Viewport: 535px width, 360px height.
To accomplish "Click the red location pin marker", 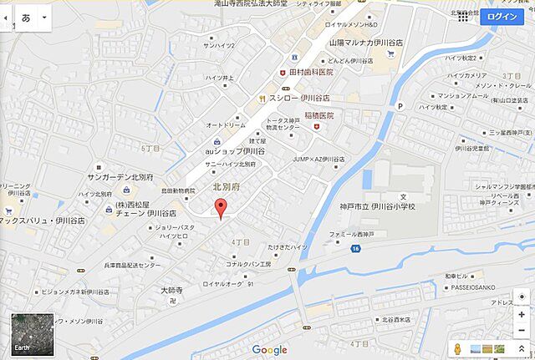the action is click(x=220, y=210).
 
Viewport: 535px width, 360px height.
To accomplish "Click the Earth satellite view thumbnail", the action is click(x=31, y=333).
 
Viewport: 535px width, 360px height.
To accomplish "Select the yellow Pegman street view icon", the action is click(x=457, y=348).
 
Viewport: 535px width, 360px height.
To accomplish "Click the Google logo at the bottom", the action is click(x=269, y=350).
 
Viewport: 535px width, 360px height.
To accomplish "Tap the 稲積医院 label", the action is click(x=318, y=115).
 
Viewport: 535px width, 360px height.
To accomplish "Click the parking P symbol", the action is click(x=400, y=106).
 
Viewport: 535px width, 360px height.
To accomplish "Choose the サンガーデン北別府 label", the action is click(x=120, y=178).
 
